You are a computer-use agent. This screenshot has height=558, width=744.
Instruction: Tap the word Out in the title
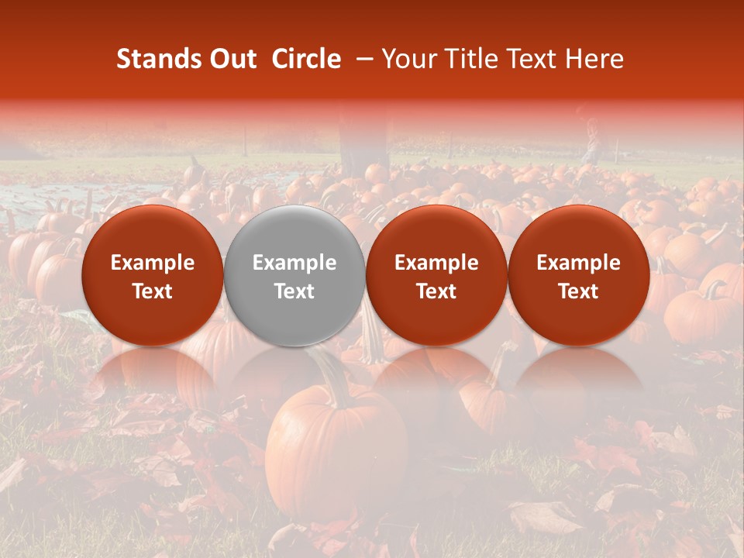click(x=232, y=59)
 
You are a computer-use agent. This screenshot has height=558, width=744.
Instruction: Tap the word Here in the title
click(x=595, y=59)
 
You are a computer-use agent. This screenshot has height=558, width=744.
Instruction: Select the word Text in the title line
click(x=535, y=59)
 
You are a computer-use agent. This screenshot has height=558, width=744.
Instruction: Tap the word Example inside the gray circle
click(x=294, y=263)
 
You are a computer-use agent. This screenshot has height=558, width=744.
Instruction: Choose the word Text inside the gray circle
click(x=294, y=291)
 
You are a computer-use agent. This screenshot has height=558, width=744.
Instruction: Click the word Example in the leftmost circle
click(x=152, y=263)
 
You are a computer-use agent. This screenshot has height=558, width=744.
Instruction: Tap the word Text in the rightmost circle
click(x=579, y=291)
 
